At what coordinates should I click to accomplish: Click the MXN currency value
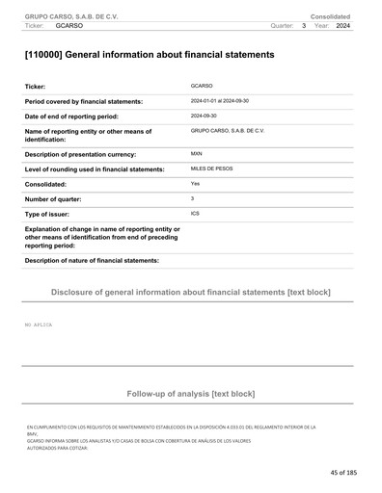[x=197, y=153]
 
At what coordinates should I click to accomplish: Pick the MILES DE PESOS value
[x=213, y=169]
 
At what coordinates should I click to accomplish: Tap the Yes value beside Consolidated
[x=196, y=183]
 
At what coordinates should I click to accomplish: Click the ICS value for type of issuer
[x=196, y=212]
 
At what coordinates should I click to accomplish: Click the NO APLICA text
[x=39, y=325]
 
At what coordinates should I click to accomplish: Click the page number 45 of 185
[x=342, y=473]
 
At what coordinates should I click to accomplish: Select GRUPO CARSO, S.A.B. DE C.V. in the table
[x=228, y=129]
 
